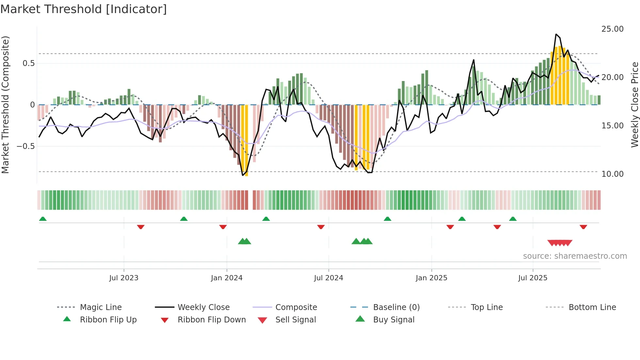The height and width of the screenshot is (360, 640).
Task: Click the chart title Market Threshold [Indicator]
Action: [84, 9]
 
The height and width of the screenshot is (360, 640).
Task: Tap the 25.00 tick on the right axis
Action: [612, 29]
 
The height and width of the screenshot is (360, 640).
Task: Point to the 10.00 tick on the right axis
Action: [612, 174]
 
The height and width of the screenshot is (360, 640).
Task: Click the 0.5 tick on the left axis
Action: [28, 63]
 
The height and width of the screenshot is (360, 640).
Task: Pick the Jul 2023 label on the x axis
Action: [124, 278]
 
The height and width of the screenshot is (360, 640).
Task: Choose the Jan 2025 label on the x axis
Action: [431, 278]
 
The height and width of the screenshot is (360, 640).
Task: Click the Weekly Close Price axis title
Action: [634, 105]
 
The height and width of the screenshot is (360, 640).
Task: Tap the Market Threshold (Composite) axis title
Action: [5, 105]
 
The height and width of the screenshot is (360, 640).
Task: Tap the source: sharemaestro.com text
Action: [575, 256]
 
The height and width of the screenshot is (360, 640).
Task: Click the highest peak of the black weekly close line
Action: [556, 34]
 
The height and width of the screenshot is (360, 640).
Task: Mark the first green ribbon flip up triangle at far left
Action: [43, 219]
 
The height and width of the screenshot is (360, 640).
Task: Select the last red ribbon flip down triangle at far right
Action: [583, 227]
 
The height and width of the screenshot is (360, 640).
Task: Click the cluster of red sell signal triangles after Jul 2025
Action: [560, 243]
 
